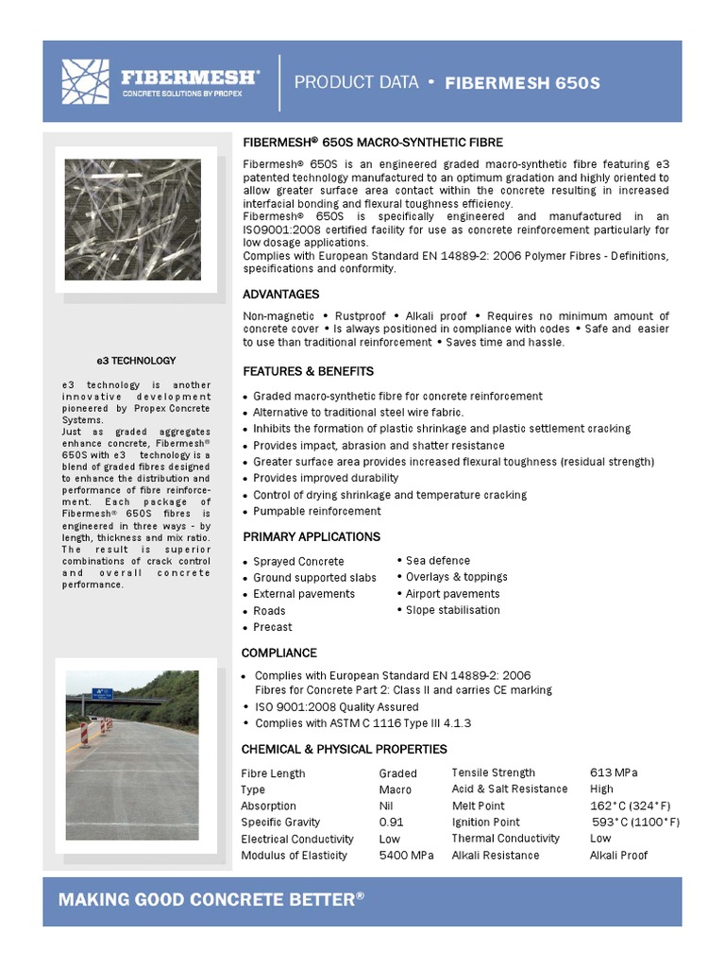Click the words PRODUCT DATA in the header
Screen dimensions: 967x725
pyautogui.click(x=356, y=82)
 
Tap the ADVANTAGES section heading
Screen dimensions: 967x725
pyautogui.click(x=280, y=295)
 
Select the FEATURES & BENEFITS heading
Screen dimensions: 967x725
pyautogui.click(x=308, y=371)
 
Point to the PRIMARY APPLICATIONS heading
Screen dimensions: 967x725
pyautogui.click(x=312, y=536)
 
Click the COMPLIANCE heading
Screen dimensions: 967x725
pyautogui.click(x=279, y=653)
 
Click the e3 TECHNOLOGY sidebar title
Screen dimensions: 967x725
pyautogui.click(x=137, y=361)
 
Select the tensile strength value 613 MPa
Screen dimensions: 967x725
pyautogui.click(x=614, y=772)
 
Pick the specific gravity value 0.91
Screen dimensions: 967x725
pyautogui.click(x=392, y=823)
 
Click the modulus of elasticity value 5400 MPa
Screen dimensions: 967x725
pyautogui.click(x=406, y=856)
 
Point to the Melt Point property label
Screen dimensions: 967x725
pyautogui.click(x=478, y=806)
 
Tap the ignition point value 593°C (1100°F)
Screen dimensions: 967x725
pyautogui.click(x=634, y=823)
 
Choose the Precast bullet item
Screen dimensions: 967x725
pyautogui.click(x=272, y=627)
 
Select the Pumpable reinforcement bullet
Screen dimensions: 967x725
pyautogui.click(x=316, y=511)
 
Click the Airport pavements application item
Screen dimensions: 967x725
pyautogui.click(x=452, y=593)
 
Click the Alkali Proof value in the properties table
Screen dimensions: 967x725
pyautogui.click(x=619, y=856)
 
